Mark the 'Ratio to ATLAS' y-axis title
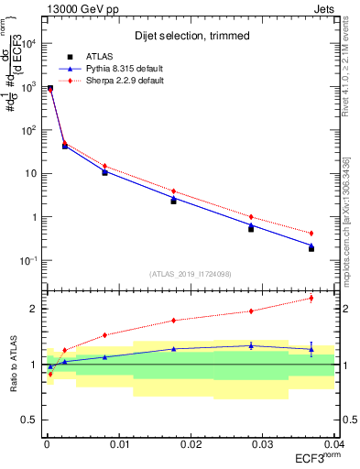click(x=14, y=365)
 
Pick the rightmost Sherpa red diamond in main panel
click(x=311, y=234)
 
